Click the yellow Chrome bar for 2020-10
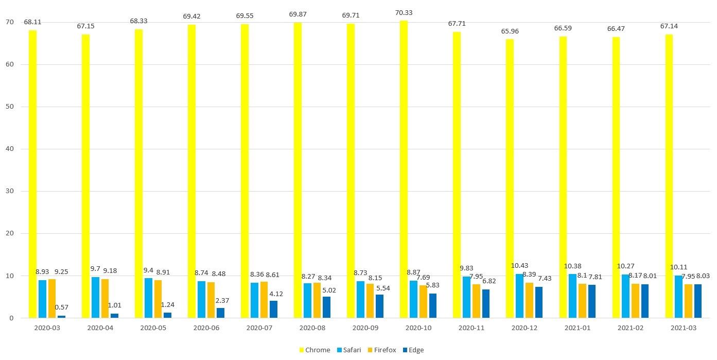point(404,170)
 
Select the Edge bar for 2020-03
point(61,316)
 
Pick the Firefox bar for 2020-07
point(264,300)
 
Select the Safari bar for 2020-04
point(95,297)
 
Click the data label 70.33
point(404,13)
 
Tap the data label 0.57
point(61,307)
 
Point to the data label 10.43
point(519,266)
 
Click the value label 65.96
point(510,31)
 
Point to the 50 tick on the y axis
point(9,107)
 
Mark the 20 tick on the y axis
point(9,233)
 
